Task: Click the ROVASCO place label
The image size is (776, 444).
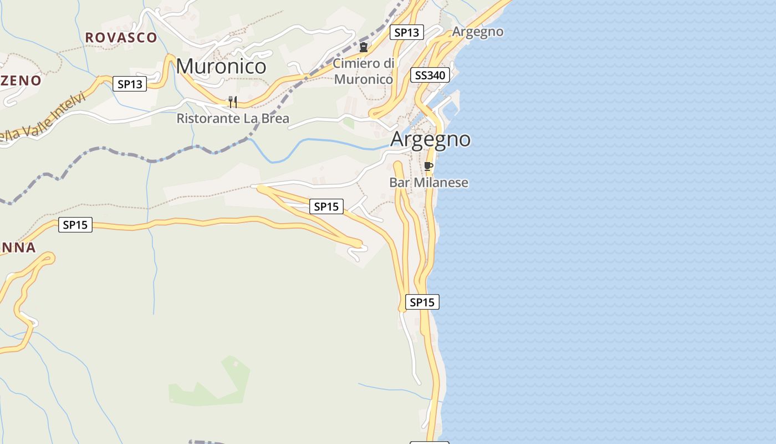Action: tap(121, 38)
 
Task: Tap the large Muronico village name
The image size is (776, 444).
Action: tap(221, 67)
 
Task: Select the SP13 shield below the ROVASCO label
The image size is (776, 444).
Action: tap(130, 84)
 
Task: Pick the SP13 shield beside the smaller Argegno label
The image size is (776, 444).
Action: tap(407, 32)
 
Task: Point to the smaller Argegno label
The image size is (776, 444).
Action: tap(478, 32)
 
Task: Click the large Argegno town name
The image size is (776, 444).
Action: tap(431, 139)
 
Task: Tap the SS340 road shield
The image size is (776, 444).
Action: tap(430, 75)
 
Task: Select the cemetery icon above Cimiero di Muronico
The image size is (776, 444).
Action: tap(364, 47)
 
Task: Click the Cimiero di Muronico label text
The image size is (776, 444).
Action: tap(364, 71)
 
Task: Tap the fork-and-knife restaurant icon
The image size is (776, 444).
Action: tap(233, 102)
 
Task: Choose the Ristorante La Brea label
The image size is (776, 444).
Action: tap(233, 119)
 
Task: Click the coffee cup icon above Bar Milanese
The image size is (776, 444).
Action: tap(428, 166)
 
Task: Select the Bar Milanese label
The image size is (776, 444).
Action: tap(428, 183)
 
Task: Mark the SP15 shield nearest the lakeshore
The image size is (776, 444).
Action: tap(422, 302)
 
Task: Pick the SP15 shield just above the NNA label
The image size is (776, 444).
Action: tap(75, 225)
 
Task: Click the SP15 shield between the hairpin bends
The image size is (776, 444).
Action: tap(326, 207)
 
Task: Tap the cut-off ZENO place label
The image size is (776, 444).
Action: tap(21, 80)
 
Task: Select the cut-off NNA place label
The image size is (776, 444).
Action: tap(18, 248)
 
